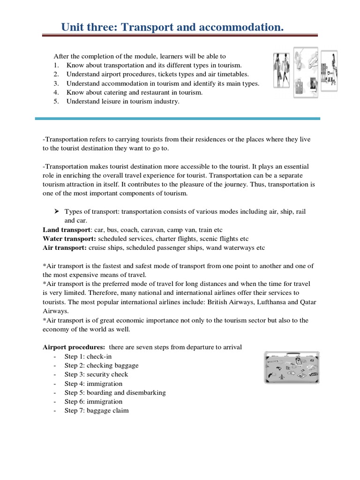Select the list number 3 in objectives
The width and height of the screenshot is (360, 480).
pos(56,83)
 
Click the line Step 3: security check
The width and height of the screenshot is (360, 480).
pos(96,374)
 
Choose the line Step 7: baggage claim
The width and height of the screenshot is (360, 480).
pos(97,410)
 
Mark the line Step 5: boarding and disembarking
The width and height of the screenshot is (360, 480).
pos(115,392)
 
